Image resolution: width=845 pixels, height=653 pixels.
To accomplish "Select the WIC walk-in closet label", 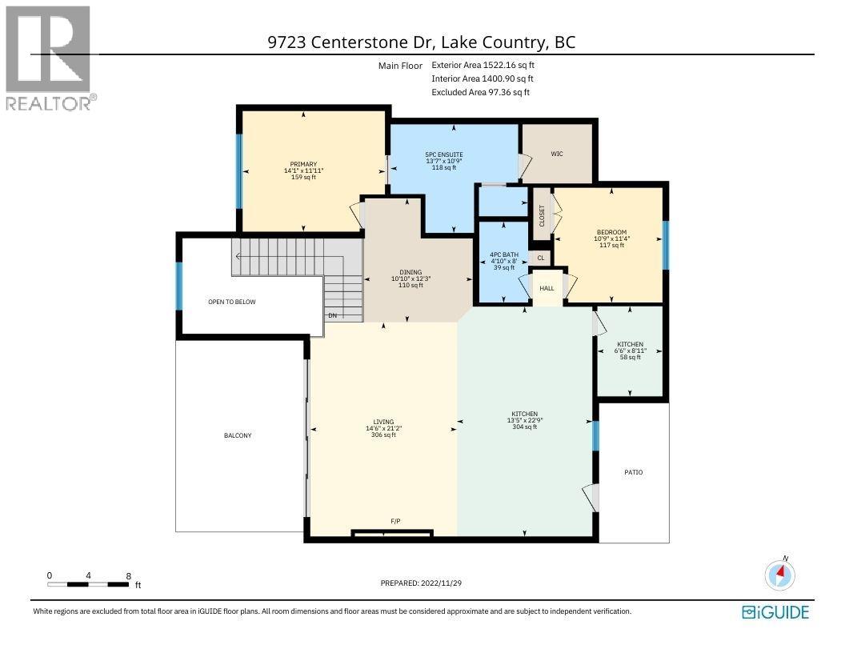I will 557,154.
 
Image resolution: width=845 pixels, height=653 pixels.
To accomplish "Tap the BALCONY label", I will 238,435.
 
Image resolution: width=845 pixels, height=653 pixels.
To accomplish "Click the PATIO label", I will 633,472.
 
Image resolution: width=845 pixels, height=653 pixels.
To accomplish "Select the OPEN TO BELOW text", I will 231,302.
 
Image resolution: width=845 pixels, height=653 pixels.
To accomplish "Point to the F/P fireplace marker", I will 395,522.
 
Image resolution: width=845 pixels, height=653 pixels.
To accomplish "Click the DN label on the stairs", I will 333,315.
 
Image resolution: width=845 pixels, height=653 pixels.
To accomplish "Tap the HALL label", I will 547,288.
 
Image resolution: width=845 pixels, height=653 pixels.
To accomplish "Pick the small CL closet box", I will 541,258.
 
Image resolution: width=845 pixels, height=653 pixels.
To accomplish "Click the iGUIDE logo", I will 775,612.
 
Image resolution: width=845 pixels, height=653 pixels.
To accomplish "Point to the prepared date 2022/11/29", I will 421,583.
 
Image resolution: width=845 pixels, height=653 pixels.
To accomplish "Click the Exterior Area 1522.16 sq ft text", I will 482,65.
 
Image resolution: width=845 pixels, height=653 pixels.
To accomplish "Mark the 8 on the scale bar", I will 128,575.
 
